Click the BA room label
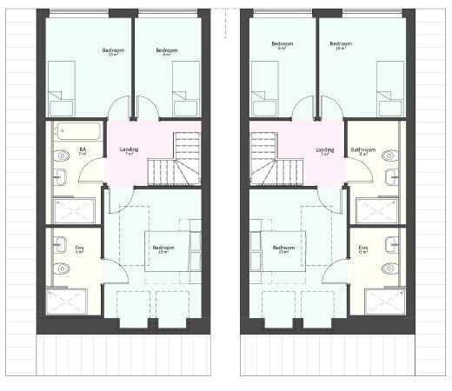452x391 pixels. (83, 149)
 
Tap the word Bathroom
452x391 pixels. (363, 150)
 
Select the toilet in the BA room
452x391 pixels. (61, 156)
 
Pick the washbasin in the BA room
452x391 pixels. (60, 178)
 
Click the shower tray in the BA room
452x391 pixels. (74, 210)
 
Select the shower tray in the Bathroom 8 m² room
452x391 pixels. (376, 210)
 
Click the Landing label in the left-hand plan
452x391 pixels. (129, 150)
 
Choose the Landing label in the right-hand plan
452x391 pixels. (324, 150)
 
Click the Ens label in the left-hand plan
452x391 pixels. (79, 249)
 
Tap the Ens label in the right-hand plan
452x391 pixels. (363, 249)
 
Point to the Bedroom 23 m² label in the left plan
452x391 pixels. (163, 248)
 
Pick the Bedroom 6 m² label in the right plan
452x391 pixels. (281, 45)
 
